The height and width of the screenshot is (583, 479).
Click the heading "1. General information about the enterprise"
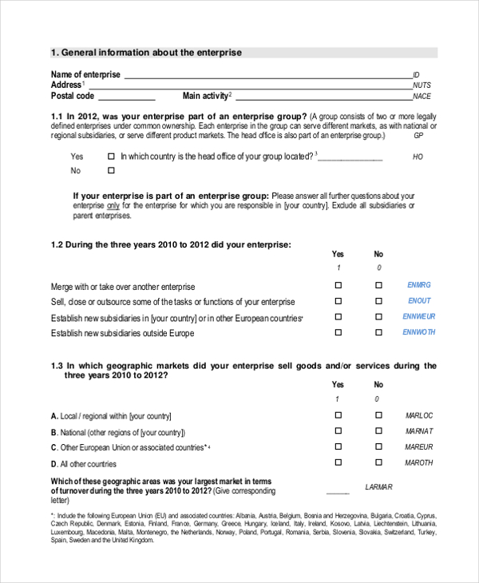pos(146,53)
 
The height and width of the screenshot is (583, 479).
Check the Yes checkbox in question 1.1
pos(111,157)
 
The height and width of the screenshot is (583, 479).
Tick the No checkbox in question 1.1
pos(111,171)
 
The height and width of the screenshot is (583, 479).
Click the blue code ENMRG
pos(419,285)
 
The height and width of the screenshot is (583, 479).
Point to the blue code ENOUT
pos(419,301)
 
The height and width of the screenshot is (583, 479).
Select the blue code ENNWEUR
pos(419,317)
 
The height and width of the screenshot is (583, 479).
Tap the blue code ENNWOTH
pos(419,332)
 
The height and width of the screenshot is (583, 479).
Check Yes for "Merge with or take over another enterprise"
pos(338,285)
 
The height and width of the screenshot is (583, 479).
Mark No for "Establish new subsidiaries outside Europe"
pos(378,332)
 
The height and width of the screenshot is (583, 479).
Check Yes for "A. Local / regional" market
pos(338,415)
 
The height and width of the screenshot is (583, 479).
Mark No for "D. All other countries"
pos(378,462)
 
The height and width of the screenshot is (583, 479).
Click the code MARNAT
pos(419,431)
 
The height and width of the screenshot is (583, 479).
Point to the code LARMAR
pos(378,486)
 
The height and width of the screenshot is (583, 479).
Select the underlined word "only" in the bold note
pos(113,205)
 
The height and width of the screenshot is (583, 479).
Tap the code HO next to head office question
pos(418,157)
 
